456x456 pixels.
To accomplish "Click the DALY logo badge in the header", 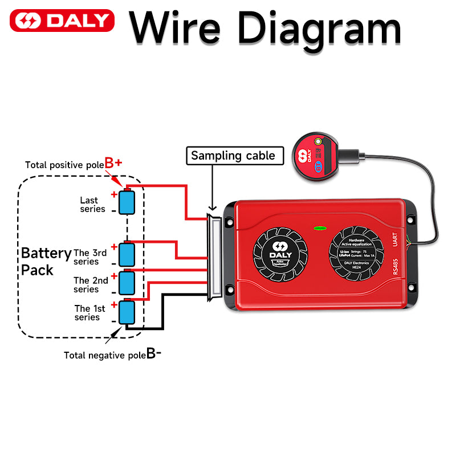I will coord(62,21).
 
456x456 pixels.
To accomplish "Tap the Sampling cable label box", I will coord(235,156).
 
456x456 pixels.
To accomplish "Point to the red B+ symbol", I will coord(113,163).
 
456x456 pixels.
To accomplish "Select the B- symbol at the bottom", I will coord(154,353).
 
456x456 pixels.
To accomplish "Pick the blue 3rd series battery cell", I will coord(126,254).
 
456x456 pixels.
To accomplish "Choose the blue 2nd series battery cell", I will coord(126,282).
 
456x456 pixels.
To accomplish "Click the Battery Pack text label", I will coord(46,261).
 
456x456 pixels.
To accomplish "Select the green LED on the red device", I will coord(320,229).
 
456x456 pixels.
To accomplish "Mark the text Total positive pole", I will coord(64,165).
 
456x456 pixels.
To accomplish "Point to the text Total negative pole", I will coord(105,355).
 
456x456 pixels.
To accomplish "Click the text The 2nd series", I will coord(90,284).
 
